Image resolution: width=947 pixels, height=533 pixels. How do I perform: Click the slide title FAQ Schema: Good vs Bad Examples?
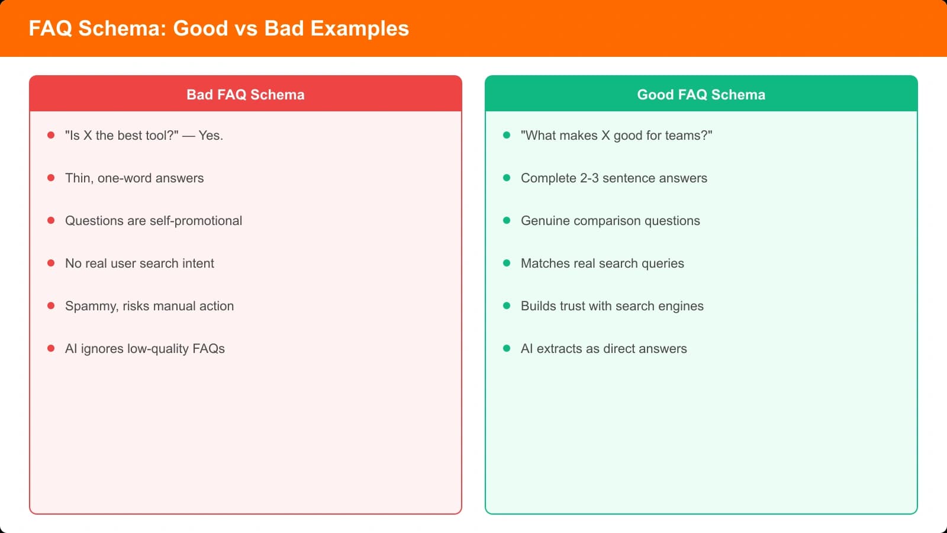(x=218, y=28)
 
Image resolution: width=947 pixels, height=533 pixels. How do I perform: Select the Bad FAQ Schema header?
(x=245, y=95)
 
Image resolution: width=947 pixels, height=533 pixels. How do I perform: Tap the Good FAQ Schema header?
(x=701, y=95)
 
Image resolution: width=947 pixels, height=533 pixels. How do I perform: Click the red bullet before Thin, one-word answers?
(x=51, y=178)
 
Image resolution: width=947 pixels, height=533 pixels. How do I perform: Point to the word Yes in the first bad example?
(x=210, y=136)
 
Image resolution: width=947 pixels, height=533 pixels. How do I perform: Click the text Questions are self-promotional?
(x=153, y=221)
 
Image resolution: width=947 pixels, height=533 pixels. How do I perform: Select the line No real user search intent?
(x=139, y=264)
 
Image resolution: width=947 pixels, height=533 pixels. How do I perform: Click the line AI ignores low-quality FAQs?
(x=144, y=349)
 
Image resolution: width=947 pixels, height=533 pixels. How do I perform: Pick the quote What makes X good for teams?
(x=616, y=136)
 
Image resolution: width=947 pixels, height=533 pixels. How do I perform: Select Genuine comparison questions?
(x=610, y=221)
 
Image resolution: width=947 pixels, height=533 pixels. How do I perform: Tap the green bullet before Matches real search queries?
(x=507, y=263)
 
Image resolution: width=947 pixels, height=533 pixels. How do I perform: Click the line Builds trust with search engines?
(x=612, y=306)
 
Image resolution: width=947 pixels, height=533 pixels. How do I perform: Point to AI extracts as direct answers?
(x=604, y=349)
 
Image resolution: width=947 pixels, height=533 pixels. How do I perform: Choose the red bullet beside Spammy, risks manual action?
(x=51, y=306)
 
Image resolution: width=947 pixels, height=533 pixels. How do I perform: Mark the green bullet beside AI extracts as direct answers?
(x=507, y=348)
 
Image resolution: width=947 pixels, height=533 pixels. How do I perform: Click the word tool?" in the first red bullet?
(x=160, y=136)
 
